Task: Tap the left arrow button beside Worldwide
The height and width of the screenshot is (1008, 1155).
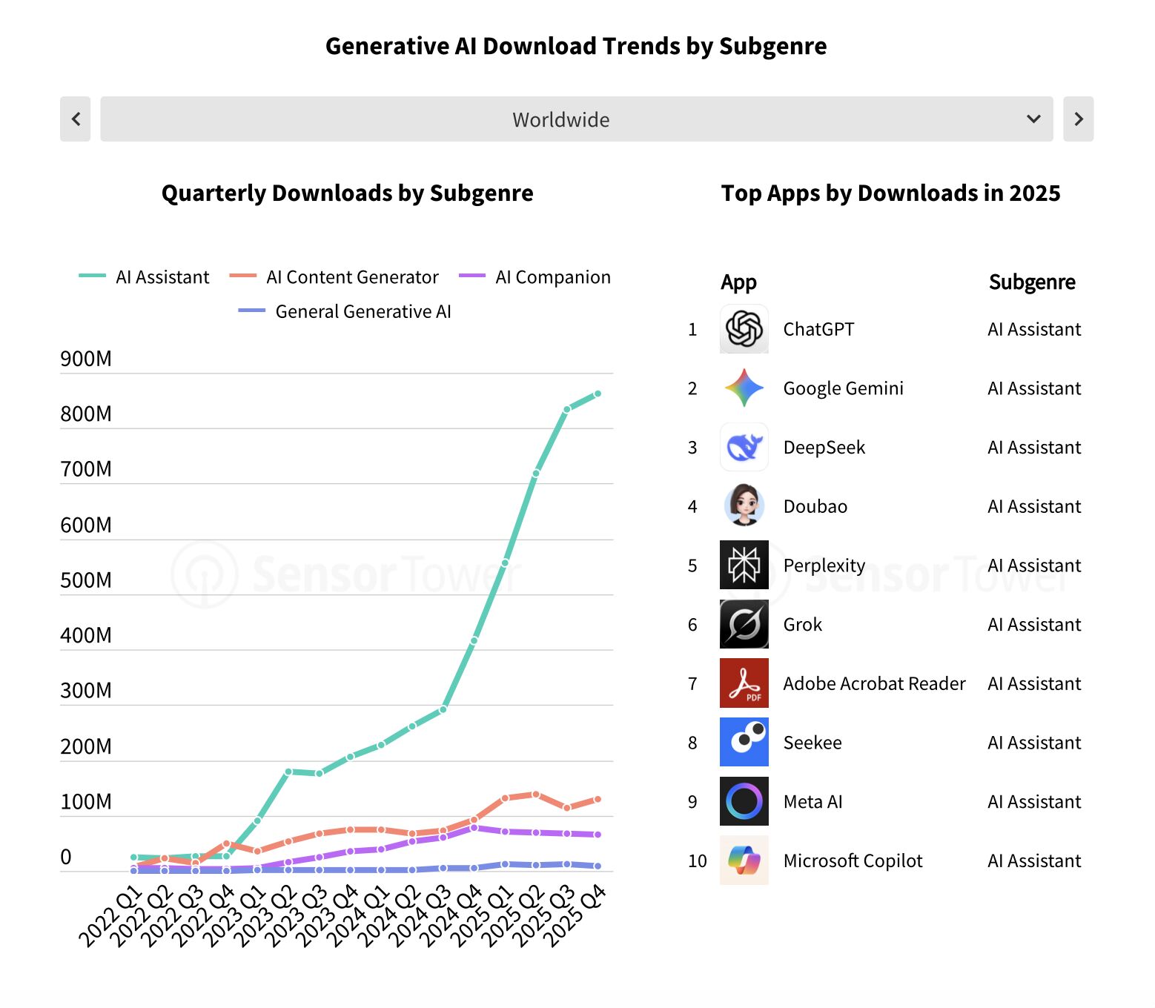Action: click(x=76, y=119)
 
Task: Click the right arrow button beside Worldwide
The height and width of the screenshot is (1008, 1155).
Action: click(x=1078, y=119)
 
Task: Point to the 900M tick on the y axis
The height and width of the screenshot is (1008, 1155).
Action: click(x=86, y=359)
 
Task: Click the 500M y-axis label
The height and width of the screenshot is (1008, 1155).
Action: click(x=86, y=580)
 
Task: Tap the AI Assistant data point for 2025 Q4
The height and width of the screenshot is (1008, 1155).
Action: click(x=598, y=394)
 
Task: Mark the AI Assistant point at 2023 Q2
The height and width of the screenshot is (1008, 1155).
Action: click(x=288, y=772)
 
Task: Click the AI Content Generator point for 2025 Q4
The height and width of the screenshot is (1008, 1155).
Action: click(x=598, y=799)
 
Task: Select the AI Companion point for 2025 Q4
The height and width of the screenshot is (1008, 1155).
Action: click(x=598, y=835)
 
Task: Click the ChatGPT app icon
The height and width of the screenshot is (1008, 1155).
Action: click(x=744, y=329)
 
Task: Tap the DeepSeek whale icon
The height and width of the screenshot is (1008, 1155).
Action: click(x=744, y=448)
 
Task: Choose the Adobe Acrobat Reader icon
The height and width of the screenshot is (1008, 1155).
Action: click(x=744, y=683)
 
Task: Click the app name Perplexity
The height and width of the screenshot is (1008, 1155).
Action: click(x=824, y=566)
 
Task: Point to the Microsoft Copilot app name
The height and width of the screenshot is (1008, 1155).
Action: click(x=853, y=861)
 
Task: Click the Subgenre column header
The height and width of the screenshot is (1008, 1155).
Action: click(x=1031, y=282)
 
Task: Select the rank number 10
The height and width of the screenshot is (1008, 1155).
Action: click(x=697, y=861)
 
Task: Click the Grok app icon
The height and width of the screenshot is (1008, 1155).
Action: click(x=744, y=625)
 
